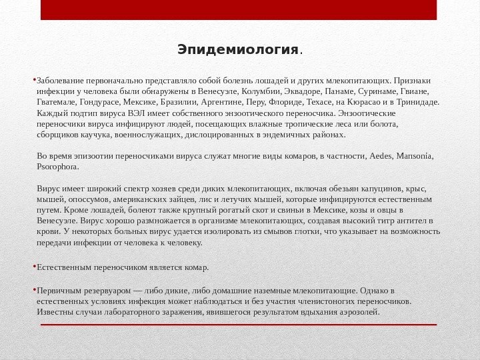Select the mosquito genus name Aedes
tap(381, 156)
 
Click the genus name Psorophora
tap(57, 167)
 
